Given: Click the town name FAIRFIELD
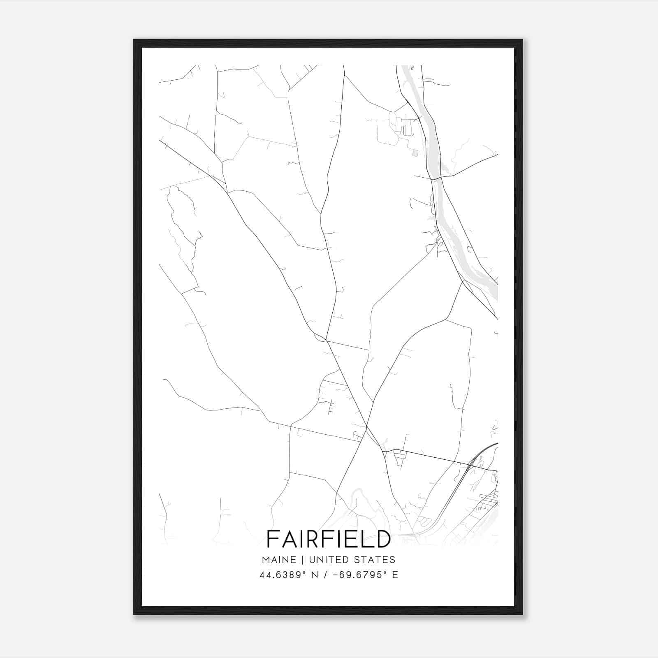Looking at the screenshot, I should click(329, 539).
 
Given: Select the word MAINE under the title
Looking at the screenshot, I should click(278, 560).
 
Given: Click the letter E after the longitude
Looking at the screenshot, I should click(395, 575).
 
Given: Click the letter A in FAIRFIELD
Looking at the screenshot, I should click(287, 539).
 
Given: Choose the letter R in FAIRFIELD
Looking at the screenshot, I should click(312, 539).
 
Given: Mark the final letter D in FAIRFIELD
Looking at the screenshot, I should click(383, 539).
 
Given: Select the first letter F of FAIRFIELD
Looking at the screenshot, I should click(272, 539).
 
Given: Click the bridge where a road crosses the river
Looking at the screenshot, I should click(436, 178).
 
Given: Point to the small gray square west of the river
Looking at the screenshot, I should click(415, 153).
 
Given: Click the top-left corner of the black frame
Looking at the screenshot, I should click(134, 40).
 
